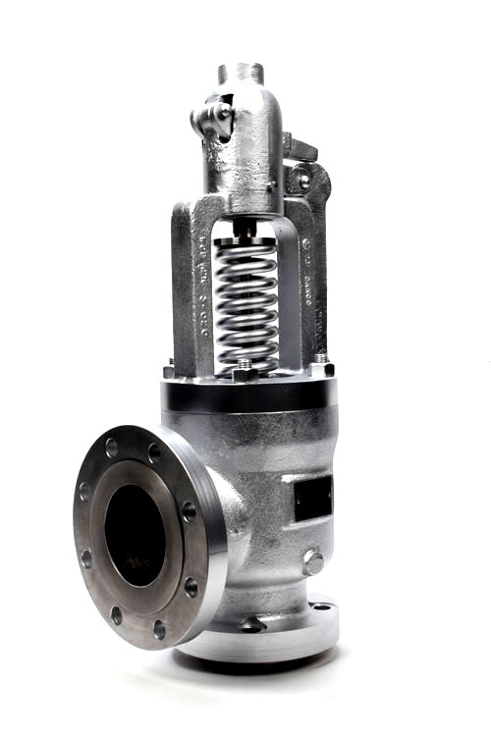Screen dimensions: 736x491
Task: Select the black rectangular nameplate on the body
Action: point(314,496)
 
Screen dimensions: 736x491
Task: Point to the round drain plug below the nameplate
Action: point(313,562)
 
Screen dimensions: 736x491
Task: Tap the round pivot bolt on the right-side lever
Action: point(303,181)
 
